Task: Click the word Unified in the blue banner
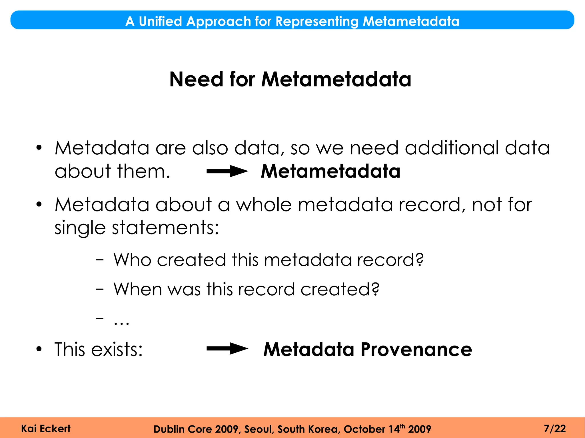[x=160, y=21]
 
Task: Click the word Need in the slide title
[x=196, y=79]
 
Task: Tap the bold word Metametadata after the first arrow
[x=330, y=171]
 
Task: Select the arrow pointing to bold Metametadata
[x=227, y=171]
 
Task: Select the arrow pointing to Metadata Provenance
[x=227, y=349]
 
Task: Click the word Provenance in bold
[x=416, y=349]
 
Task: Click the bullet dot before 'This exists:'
[x=39, y=349]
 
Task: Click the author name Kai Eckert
[x=46, y=429]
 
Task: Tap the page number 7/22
[x=555, y=429]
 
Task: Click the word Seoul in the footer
[x=259, y=429]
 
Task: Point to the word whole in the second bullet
[x=264, y=205]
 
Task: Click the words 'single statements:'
[x=137, y=228]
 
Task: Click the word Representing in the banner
[x=317, y=21]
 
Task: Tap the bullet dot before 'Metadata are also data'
[x=39, y=148]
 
